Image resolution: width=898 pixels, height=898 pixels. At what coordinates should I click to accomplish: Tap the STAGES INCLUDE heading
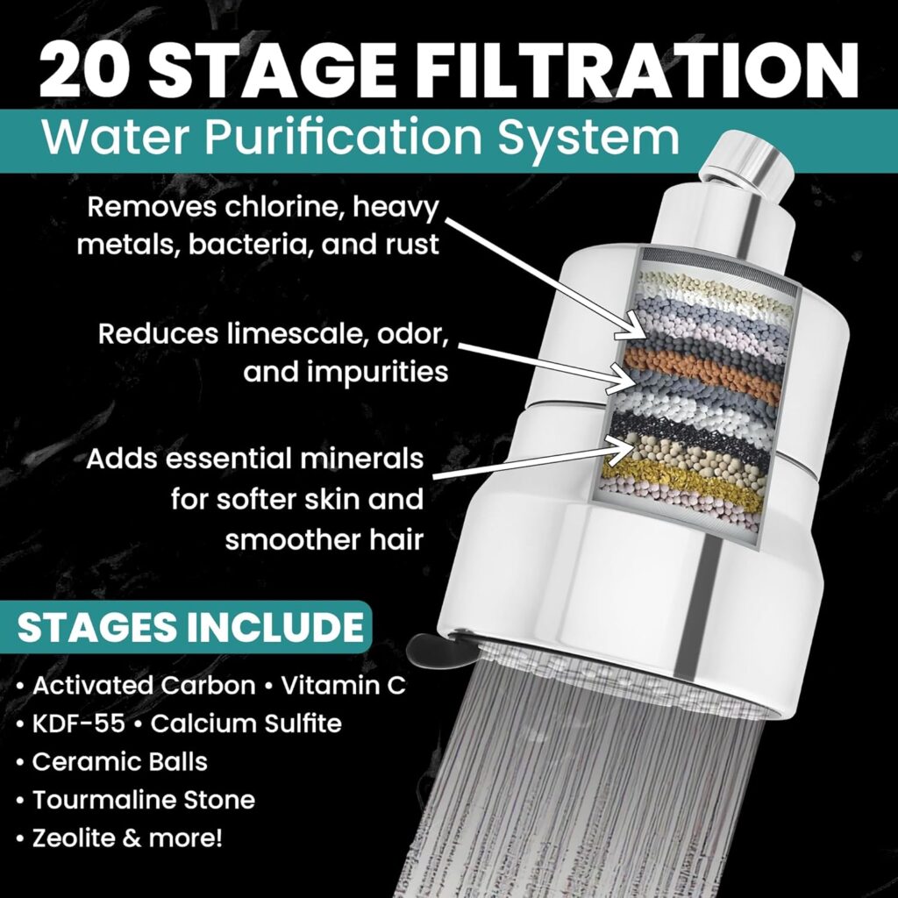(190, 628)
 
